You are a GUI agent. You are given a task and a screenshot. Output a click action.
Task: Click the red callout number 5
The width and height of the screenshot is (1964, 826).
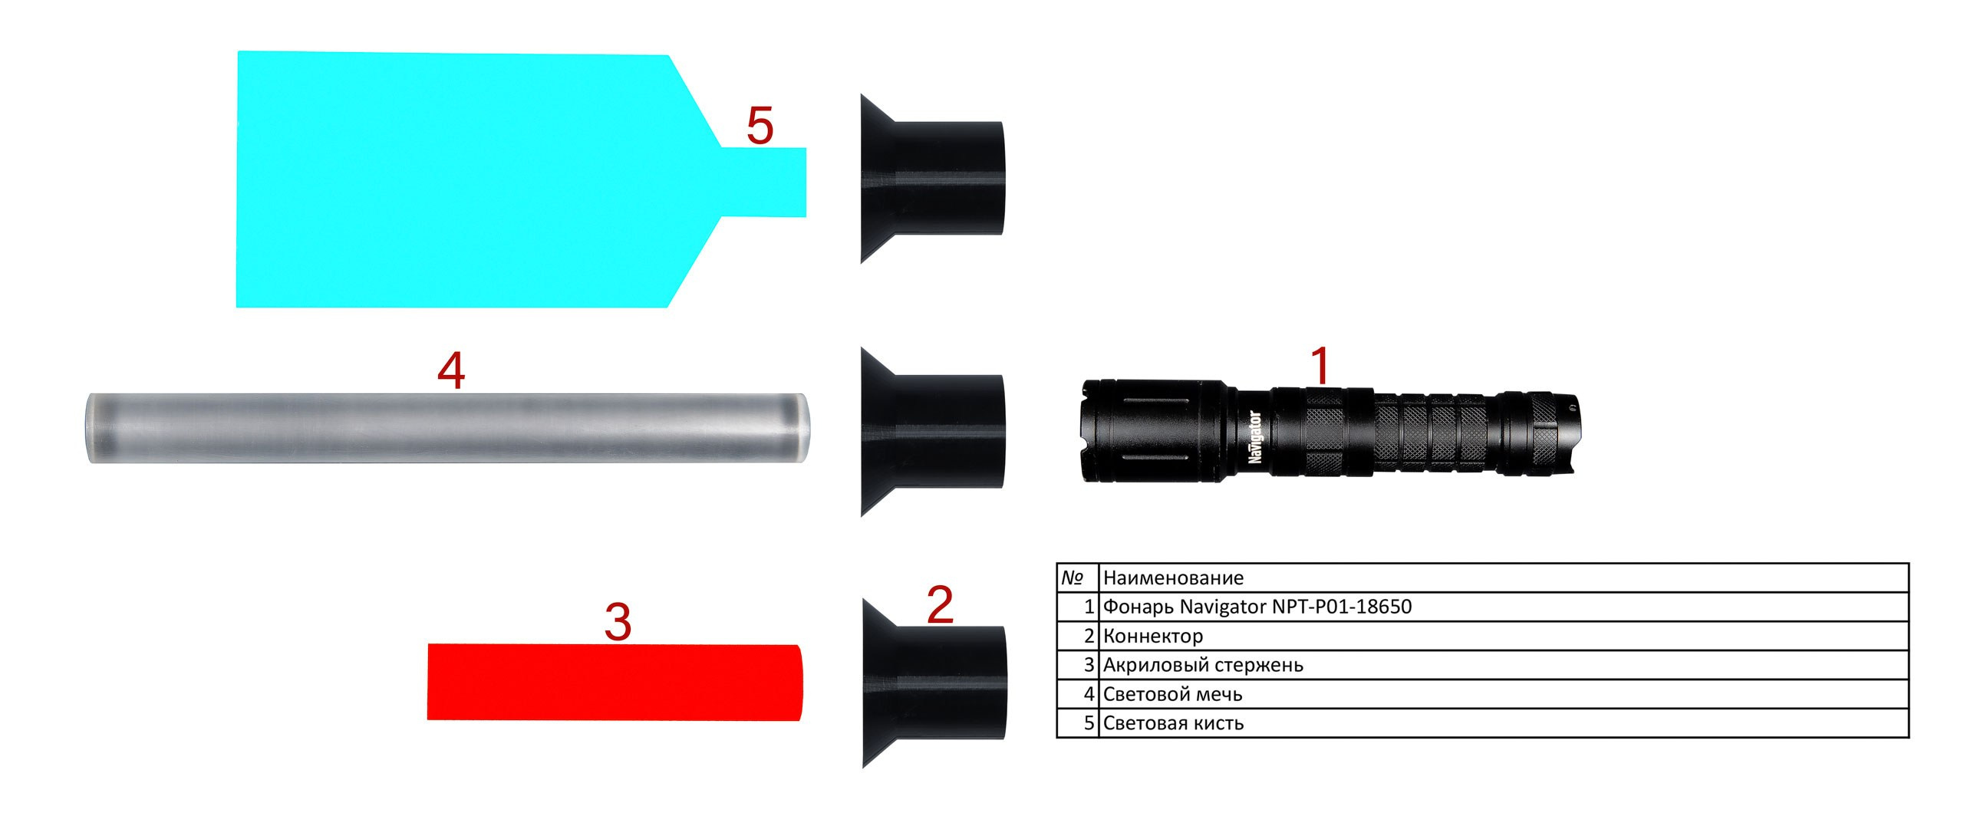point(760,126)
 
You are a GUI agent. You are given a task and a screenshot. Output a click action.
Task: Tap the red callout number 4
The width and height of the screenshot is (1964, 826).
point(451,370)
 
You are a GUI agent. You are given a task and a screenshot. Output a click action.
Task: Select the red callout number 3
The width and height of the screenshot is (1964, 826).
point(618,622)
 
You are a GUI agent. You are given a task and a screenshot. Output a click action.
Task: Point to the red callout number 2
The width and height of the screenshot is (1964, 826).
point(940,604)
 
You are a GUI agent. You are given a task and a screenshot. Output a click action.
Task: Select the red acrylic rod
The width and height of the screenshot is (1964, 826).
point(614,682)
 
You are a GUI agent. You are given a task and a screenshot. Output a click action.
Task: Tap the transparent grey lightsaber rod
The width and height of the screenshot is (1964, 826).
point(447,428)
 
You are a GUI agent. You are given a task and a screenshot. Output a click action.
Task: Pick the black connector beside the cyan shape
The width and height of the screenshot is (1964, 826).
point(931,178)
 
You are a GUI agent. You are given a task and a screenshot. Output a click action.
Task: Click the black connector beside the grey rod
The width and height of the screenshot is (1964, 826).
point(931,431)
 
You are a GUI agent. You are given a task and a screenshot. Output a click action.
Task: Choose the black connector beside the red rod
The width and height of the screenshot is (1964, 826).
point(933,683)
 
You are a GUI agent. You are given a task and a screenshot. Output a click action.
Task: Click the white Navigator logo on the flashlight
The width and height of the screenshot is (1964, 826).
point(1255,437)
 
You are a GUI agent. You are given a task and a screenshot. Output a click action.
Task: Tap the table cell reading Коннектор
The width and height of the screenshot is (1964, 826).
point(1504,636)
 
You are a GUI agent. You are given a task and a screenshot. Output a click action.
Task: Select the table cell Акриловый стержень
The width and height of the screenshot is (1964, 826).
point(1504,665)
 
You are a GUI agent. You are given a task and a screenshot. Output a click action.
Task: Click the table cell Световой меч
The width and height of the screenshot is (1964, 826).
point(1504,694)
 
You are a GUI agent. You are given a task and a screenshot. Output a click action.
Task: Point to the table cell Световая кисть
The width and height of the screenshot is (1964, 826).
point(1504,723)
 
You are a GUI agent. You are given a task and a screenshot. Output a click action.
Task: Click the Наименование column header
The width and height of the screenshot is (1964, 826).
point(1504,578)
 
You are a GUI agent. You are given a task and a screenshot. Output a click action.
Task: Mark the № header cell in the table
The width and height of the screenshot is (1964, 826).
point(1078,578)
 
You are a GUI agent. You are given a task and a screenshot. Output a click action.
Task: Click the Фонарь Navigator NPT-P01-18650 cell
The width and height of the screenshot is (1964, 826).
point(1504,607)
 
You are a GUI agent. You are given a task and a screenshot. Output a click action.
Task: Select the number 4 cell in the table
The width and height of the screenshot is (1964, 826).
point(1078,694)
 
